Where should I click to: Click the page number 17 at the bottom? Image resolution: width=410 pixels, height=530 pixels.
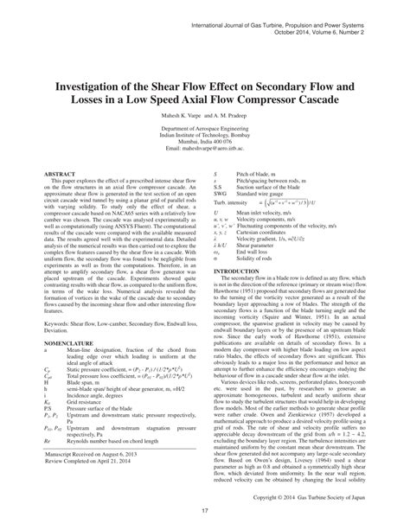(205, 517)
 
